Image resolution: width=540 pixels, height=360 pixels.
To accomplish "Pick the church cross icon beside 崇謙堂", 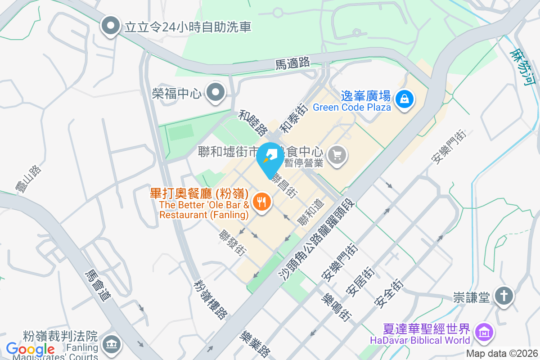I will [x=503, y=297].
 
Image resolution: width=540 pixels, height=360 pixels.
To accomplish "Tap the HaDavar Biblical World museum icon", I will [x=483, y=333].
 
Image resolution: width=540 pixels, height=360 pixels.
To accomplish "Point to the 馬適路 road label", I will [x=292, y=63].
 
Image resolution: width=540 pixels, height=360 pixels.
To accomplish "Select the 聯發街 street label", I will [x=232, y=243].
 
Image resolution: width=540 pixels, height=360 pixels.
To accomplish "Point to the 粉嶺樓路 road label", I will [x=211, y=299].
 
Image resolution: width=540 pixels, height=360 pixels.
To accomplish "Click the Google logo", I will [x=30, y=349].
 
